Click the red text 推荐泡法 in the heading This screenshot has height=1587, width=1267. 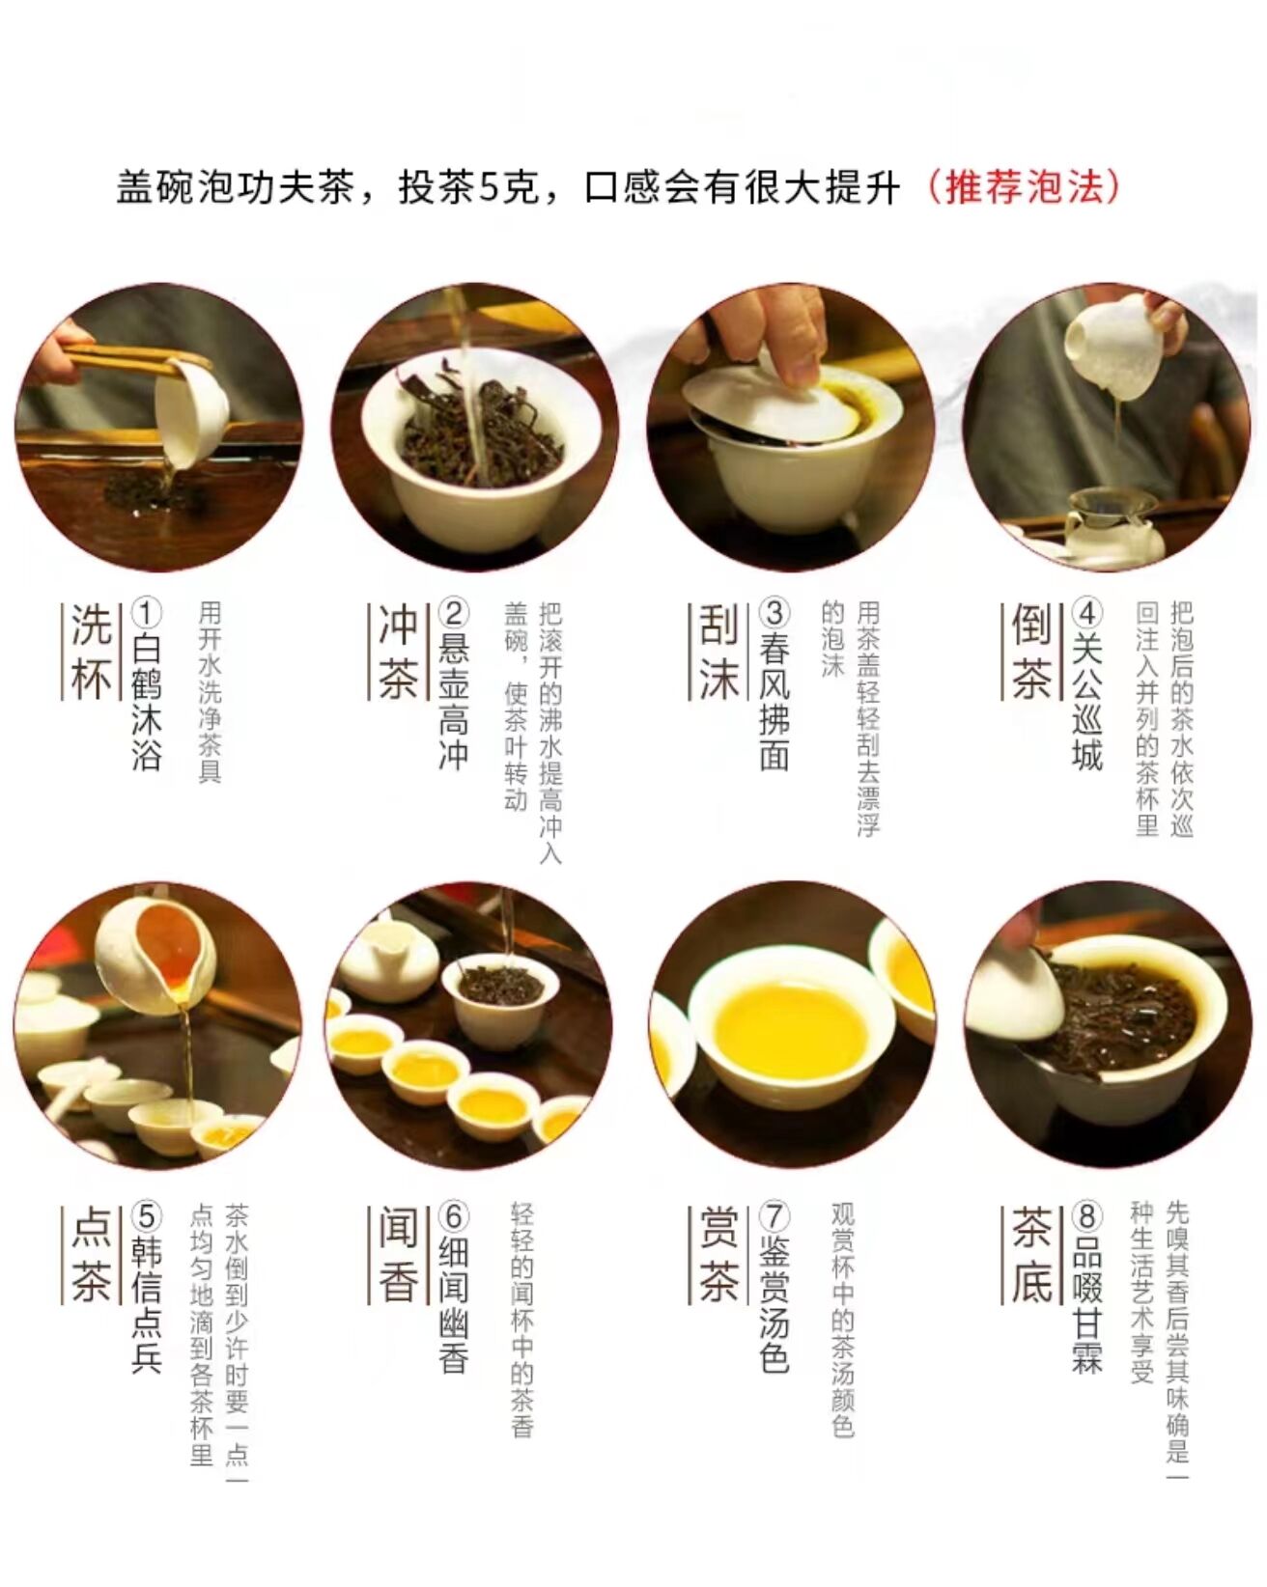point(1024,186)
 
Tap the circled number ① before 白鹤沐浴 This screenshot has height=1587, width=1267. point(146,613)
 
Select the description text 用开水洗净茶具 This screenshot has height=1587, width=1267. point(211,692)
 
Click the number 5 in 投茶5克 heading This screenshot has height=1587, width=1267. point(490,188)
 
